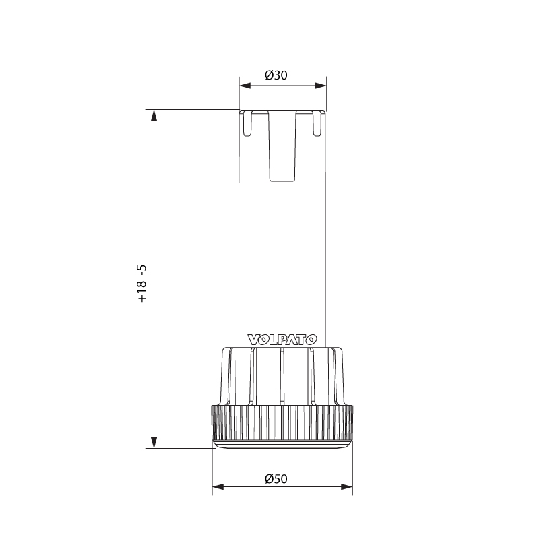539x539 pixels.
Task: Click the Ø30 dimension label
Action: [x=276, y=75]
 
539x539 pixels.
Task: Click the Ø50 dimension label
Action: [x=276, y=479]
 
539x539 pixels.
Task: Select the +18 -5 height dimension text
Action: [x=142, y=283]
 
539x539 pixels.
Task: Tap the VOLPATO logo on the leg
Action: [x=282, y=340]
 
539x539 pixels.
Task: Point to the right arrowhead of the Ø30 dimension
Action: [x=321, y=86]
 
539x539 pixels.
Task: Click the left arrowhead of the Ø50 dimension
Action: [x=217, y=487]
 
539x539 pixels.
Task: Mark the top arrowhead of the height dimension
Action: [x=154, y=115]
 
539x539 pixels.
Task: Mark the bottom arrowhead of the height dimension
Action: [x=154, y=442]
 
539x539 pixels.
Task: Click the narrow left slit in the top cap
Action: [x=248, y=124]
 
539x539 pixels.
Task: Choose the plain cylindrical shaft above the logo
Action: [x=282, y=256]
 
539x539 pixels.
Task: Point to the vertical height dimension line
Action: [x=154, y=202]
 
